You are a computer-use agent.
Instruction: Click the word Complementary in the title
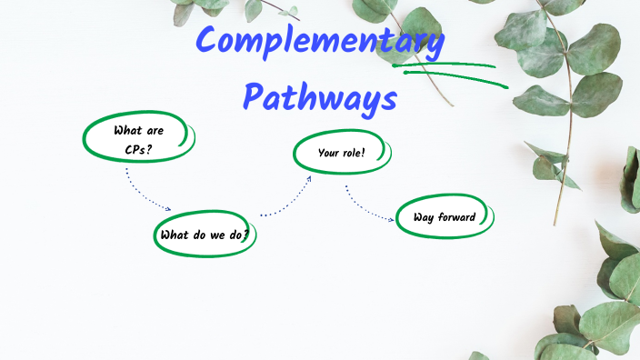[x=321, y=42]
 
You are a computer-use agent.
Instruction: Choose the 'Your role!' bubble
[x=342, y=153]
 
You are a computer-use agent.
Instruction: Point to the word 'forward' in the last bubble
[x=456, y=217]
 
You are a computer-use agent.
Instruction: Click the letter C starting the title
[x=210, y=42]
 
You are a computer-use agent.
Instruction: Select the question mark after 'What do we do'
[x=245, y=235]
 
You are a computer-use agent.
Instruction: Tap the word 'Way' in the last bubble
[x=424, y=217]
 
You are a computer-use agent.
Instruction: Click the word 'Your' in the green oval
[x=328, y=153]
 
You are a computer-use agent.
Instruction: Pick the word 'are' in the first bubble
[x=155, y=129]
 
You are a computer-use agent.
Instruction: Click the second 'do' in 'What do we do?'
[x=233, y=235]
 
